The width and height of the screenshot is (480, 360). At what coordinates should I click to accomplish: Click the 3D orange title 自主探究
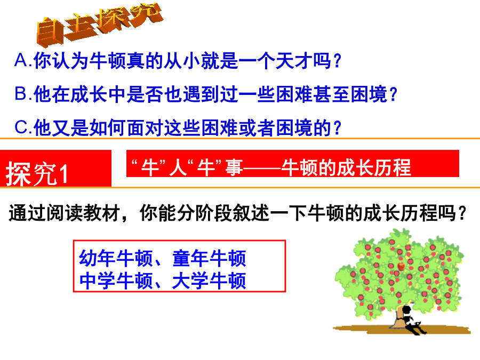click(x=100, y=24)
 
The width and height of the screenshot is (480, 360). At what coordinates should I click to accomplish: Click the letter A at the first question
click(x=21, y=60)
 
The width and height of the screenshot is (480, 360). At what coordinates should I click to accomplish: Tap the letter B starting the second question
click(x=21, y=93)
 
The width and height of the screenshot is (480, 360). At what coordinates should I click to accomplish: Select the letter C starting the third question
click(x=21, y=127)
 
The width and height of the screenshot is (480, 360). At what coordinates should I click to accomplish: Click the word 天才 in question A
click(x=293, y=61)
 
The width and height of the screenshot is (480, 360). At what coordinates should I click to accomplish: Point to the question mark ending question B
click(x=394, y=94)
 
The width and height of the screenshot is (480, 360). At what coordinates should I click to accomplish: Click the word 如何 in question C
click(x=107, y=127)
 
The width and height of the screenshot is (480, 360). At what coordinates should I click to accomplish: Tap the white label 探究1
click(x=37, y=173)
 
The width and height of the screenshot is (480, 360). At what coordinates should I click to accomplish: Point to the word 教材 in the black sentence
click(x=102, y=213)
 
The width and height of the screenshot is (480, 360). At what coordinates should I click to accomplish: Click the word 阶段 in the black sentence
click(x=214, y=213)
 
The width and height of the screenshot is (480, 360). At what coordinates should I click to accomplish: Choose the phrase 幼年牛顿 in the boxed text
click(x=116, y=258)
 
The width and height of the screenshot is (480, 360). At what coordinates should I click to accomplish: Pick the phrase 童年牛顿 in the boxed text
click(x=209, y=258)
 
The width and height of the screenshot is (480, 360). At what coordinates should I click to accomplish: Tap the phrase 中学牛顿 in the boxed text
click(x=116, y=281)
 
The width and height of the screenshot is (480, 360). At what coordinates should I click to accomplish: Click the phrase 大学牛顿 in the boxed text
click(x=209, y=281)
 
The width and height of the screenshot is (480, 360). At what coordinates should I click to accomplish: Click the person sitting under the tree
click(x=412, y=320)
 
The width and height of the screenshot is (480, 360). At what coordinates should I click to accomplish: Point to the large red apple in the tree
click(x=401, y=266)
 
